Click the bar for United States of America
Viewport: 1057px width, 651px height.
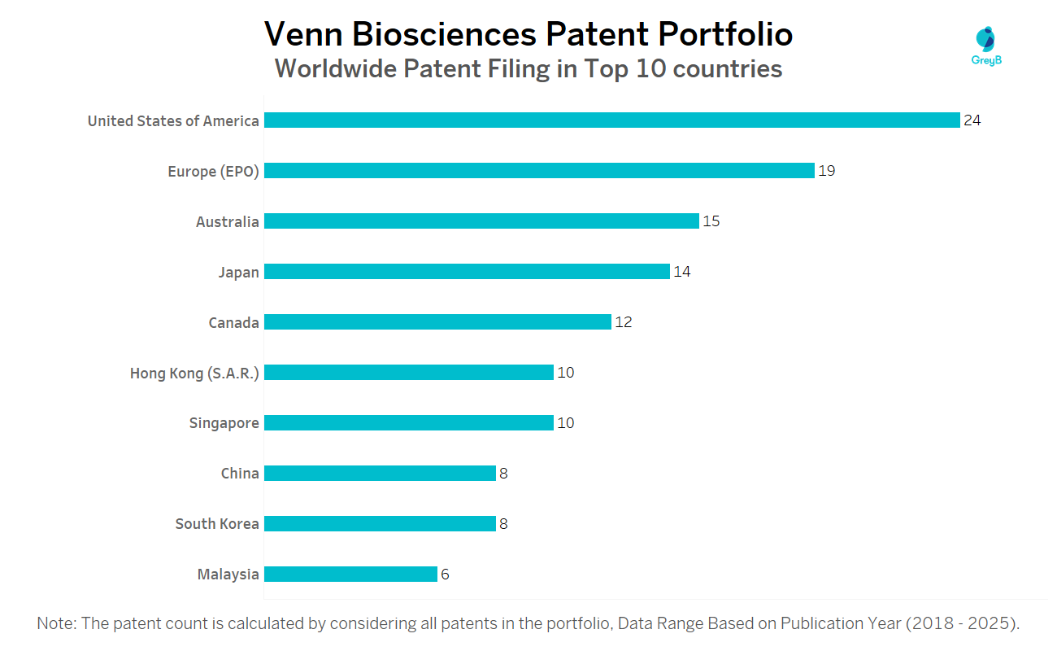(x=611, y=120)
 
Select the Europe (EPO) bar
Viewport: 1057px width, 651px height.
(x=539, y=171)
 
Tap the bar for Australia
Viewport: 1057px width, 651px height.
(x=481, y=221)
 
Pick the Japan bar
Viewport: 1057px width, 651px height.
(x=467, y=272)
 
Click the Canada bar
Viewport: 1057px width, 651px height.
(x=437, y=322)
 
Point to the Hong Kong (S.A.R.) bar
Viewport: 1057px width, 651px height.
(x=409, y=373)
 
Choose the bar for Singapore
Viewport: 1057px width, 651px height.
(x=409, y=423)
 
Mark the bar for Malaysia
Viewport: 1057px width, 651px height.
(x=350, y=575)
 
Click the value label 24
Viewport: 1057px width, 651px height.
(x=972, y=120)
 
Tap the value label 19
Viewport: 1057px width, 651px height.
(x=827, y=171)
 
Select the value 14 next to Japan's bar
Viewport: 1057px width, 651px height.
(x=682, y=272)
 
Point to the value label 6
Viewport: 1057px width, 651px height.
(x=445, y=575)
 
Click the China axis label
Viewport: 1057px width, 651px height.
(x=240, y=474)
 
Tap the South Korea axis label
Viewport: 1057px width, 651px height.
(x=217, y=524)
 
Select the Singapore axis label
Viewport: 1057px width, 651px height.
(x=224, y=423)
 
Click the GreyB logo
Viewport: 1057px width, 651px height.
(x=985, y=46)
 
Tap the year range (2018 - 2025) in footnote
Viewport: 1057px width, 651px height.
(x=962, y=624)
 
